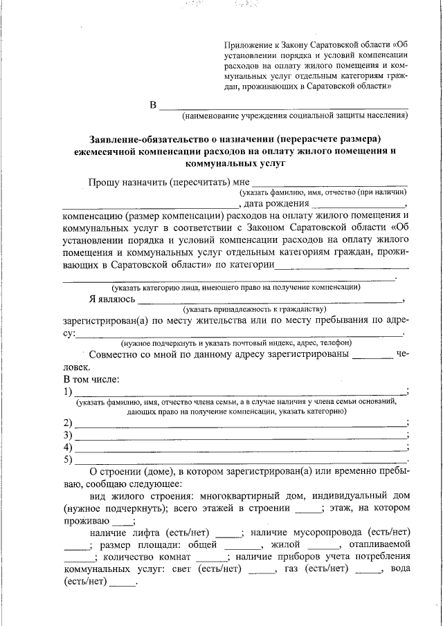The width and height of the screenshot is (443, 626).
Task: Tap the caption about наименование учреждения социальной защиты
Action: (x=290, y=116)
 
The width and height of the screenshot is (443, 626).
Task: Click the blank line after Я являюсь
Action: (x=270, y=300)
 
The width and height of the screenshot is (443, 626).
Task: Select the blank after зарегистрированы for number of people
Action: (x=372, y=357)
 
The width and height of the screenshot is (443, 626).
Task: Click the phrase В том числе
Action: (x=91, y=379)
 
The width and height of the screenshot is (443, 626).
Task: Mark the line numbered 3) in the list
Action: (x=241, y=436)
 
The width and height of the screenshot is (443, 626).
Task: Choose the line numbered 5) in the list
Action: (x=241, y=460)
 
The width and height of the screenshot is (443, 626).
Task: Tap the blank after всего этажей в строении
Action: (x=308, y=510)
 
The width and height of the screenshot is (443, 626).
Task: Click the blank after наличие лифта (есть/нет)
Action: (x=228, y=533)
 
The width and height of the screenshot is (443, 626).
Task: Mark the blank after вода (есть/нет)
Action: (x=123, y=582)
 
